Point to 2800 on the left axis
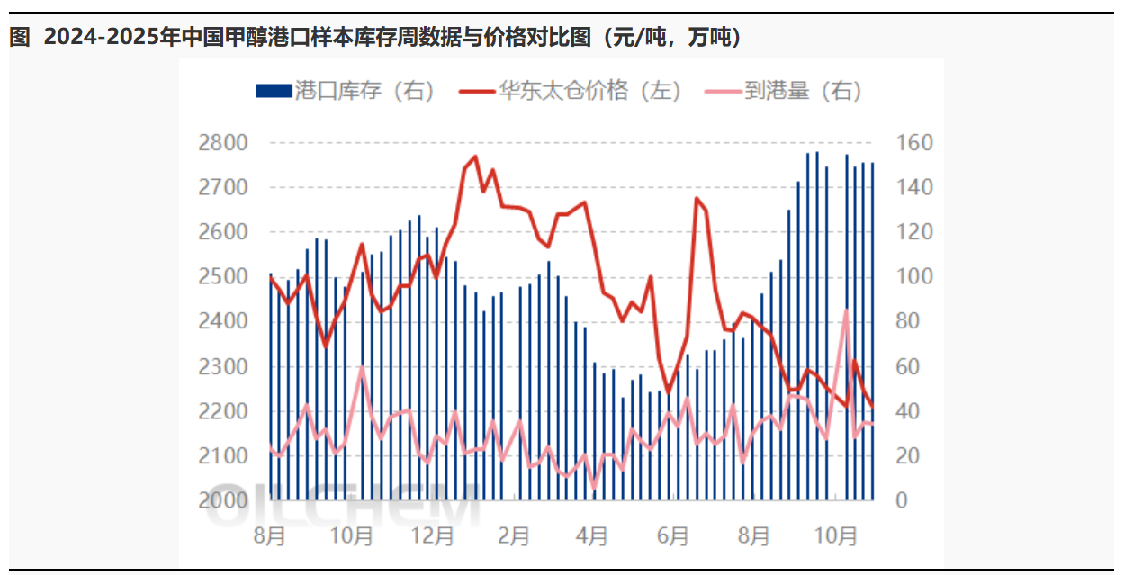click(221, 143)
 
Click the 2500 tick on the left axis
click(221, 277)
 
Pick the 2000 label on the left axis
click(221, 500)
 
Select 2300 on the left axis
click(221, 366)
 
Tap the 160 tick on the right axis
click(914, 143)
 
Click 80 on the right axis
click(909, 321)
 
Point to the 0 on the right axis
click(903, 500)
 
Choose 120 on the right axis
click(914, 232)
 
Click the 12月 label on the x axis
click(432, 536)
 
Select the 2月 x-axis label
click(513, 536)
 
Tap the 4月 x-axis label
click(592, 536)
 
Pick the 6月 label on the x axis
click(673, 536)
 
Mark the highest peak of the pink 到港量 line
click(846, 310)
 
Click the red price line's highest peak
click(475, 157)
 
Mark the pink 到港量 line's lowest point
click(593, 487)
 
